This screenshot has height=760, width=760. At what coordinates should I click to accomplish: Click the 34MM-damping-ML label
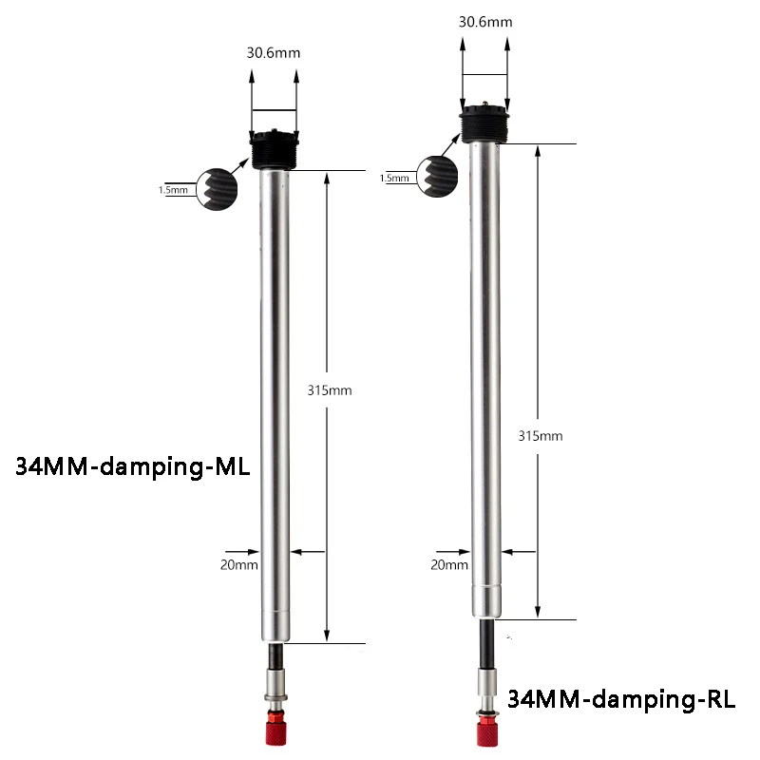coord(133,466)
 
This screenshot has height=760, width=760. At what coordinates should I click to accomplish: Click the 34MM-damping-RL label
coord(621,699)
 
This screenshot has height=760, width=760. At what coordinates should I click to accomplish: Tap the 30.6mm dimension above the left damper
coord(274,53)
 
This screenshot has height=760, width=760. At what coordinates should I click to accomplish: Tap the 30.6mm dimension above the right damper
coord(485,22)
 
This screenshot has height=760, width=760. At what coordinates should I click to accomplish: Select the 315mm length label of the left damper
coord(330,390)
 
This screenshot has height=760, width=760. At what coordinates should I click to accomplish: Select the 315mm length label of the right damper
coord(541,436)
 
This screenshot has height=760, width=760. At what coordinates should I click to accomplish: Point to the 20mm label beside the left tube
coord(239,564)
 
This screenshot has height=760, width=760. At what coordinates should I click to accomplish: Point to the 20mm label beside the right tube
coord(449,564)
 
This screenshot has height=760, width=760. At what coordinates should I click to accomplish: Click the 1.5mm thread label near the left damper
coord(173,190)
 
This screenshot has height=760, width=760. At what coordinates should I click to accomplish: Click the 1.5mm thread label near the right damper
coord(394,178)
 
